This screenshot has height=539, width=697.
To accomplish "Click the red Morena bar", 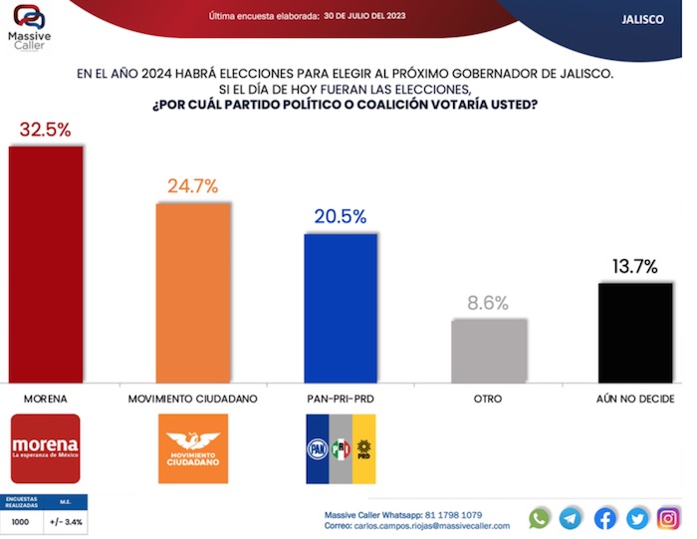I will (x=46, y=264).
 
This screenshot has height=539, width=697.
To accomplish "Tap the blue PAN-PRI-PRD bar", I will (x=341, y=308).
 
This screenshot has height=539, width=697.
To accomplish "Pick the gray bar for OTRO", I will (x=489, y=350).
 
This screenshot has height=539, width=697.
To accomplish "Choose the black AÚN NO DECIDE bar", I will (x=636, y=332).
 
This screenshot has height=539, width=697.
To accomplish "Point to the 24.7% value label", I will (x=193, y=185).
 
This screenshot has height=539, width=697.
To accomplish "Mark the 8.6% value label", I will (x=489, y=303).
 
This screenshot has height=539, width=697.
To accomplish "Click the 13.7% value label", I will (x=635, y=266).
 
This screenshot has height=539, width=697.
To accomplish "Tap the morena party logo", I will (x=45, y=448).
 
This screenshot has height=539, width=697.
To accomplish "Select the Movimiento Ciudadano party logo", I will (x=193, y=448).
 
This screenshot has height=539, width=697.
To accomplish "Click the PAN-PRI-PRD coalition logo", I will (x=341, y=449).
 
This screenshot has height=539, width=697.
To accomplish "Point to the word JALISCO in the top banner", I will (x=642, y=19).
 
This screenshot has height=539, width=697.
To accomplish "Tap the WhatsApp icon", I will (x=539, y=518).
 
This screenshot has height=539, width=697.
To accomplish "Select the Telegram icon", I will (x=572, y=518).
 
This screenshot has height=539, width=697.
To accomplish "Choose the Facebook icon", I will (x=605, y=518).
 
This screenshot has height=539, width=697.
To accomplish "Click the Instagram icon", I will (x=669, y=518).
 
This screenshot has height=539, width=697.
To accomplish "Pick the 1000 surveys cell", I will (x=21, y=521).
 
